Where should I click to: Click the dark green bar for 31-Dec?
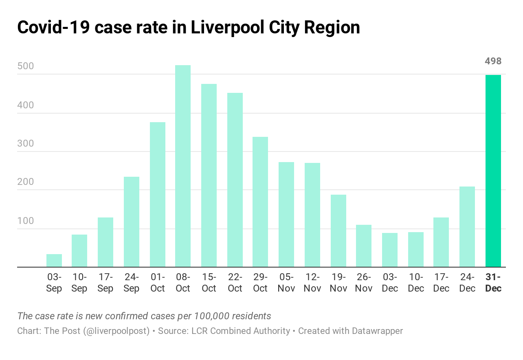493,171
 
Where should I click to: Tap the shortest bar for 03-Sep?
54,261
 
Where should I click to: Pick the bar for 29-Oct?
260,202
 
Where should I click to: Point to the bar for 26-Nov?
364,246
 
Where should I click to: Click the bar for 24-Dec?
467,227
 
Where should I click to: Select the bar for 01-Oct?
158,195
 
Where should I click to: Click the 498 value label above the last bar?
493,61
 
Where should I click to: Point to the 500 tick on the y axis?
26,67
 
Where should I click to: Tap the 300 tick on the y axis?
26,144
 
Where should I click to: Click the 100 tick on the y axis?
26,221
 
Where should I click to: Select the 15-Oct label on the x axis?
209,283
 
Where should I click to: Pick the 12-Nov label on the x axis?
312,283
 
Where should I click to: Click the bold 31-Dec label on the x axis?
493,283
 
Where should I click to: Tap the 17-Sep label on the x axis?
105,283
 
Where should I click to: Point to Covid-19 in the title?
54,27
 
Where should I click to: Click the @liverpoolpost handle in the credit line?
116,331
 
